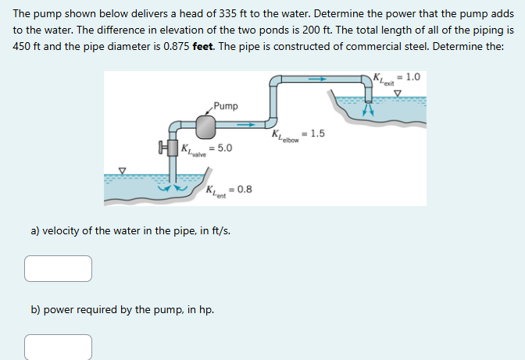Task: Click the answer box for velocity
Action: pyautogui.click(x=58, y=268)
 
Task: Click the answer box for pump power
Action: pyautogui.click(x=58, y=347)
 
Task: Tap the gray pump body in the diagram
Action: pyautogui.click(x=205, y=127)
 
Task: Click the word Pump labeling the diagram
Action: pyautogui.click(x=226, y=105)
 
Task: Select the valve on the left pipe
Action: pyautogui.click(x=166, y=147)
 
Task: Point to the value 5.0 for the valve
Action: pyautogui.click(x=224, y=148)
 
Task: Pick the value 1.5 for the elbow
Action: pyautogui.click(x=317, y=134)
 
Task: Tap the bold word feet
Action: pyautogui.click(x=205, y=45)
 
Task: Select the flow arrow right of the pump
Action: pyautogui.click(x=245, y=124)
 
